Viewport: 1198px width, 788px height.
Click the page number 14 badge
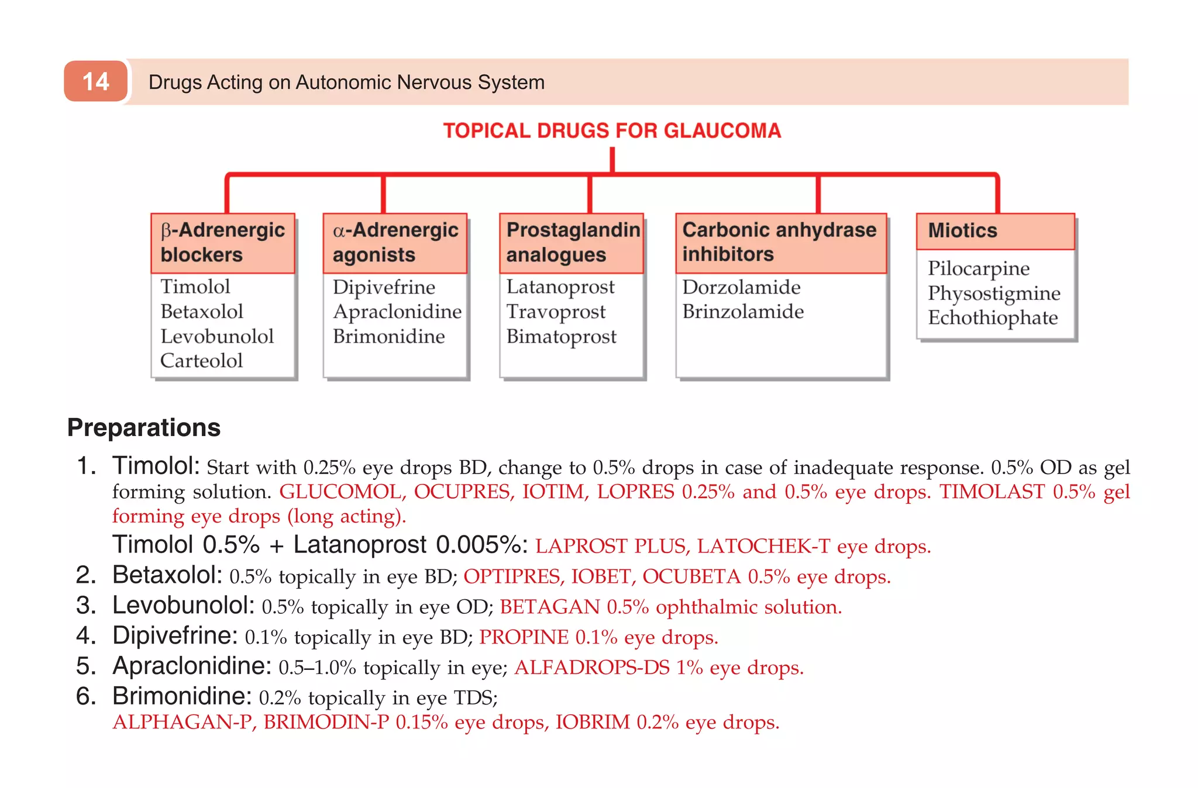click(x=95, y=81)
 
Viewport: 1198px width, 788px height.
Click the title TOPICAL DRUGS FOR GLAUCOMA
click(x=612, y=130)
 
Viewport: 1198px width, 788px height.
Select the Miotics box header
click(x=995, y=231)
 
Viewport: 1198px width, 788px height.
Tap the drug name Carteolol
click(x=201, y=361)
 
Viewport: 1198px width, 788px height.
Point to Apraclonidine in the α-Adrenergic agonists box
click(x=397, y=312)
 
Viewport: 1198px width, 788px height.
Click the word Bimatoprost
click(x=561, y=337)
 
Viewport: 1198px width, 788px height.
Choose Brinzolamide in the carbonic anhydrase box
click(x=742, y=312)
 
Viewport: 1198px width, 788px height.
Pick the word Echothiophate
click(x=992, y=317)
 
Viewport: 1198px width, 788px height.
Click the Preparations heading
click(x=144, y=427)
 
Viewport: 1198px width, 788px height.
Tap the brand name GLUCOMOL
click(x=342, y=492)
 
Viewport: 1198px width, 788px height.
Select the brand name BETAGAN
click(x=549, y=607)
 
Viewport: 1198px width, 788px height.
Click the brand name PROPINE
click(x=524, y=637)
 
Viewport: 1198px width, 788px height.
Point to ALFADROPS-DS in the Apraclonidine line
click(x=591, y=668)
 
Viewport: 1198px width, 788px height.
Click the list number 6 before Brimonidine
click(x=85, y=696)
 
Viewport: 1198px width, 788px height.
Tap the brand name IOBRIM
click(x=593, y=723)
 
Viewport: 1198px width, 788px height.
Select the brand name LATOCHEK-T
click(x=763, y=546)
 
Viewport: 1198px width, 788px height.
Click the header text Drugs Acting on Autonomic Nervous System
click(x=346, y=82)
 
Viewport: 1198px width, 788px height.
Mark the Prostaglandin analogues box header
click(x=572, y=243)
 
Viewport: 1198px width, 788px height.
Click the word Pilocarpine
click(x=978, y=268)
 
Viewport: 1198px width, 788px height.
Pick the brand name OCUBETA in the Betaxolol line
click(x=691, y=576)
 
